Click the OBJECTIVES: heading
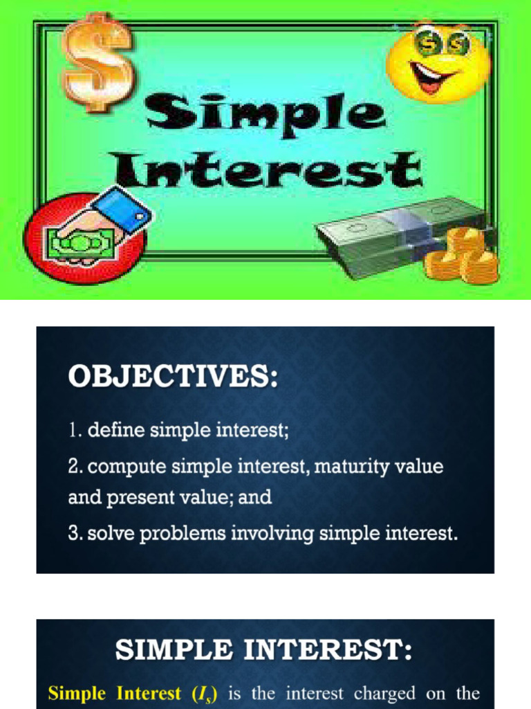tap(173, 378)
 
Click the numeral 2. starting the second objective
tap(75, 467)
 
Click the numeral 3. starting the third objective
tap(75, 534)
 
